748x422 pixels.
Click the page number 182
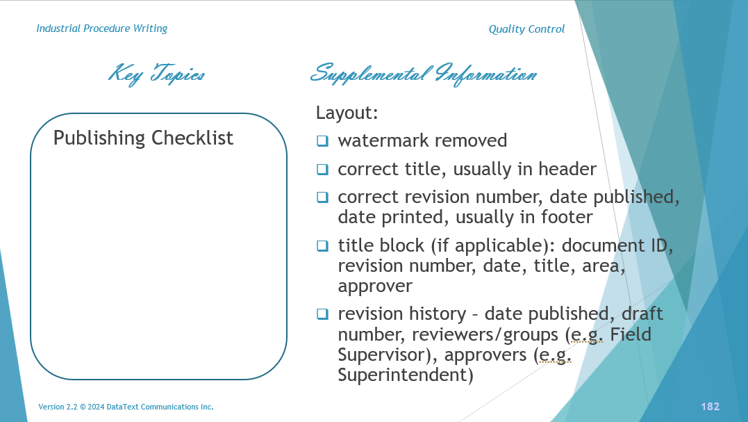710,407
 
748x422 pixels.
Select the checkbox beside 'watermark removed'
322,141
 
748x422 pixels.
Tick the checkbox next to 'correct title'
322,169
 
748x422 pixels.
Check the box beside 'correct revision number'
322,197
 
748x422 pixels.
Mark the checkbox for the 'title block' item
322,245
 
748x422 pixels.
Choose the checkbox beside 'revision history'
322,314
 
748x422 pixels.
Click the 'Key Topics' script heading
157,74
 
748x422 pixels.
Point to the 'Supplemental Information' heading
423,74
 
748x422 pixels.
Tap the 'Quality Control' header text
526,29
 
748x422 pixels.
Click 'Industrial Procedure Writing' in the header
101,29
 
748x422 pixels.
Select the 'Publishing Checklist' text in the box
143,138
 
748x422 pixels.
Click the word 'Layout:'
347,113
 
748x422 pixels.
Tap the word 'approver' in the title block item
375,286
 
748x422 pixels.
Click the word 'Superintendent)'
405,375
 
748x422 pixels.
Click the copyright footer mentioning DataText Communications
126,407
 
